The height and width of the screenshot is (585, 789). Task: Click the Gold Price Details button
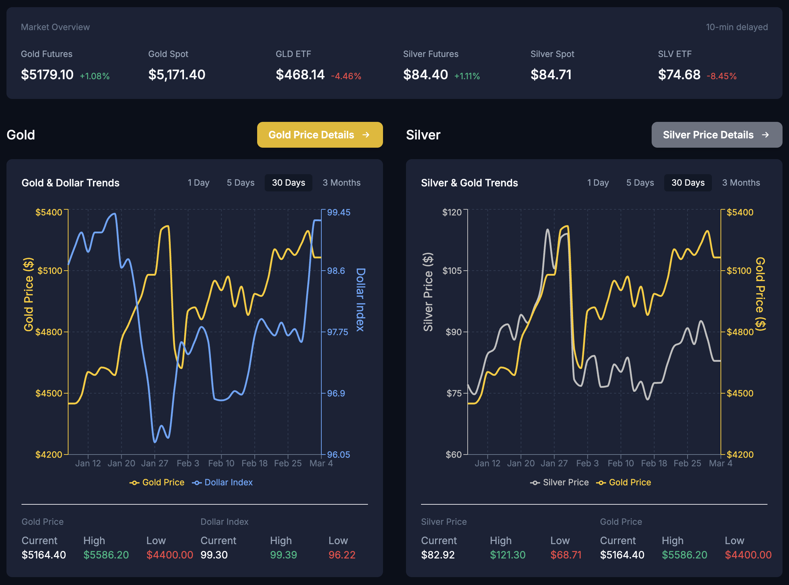click(320, 135)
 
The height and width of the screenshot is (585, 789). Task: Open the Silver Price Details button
click(716, 135)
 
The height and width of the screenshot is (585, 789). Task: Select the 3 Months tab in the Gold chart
click(341, 183)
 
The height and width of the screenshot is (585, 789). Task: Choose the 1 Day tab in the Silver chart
click(598, 183)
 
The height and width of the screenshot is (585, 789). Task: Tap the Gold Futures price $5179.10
click(47, 75)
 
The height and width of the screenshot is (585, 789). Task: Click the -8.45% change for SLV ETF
click(721, 76)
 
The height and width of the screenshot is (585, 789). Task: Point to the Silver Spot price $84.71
click(551, 75)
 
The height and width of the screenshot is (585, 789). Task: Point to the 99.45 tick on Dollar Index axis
click(338, 212)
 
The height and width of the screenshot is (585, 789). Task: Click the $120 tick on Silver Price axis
click(452, 212)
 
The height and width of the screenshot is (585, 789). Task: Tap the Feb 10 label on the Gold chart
click(221, 463)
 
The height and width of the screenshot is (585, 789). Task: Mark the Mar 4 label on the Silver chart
click(720, 463)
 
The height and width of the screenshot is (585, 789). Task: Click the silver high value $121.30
click(507, 555)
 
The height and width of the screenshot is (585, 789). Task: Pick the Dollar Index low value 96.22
click(342, 555)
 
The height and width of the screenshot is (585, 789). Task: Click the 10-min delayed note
click(737, 27)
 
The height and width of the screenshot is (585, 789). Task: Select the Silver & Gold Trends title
click(469, 183)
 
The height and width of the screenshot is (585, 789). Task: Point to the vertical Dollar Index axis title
click(360, 300)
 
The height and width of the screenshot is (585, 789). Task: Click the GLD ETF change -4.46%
click(346, 76)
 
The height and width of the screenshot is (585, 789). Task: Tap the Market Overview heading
click(55, 27)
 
